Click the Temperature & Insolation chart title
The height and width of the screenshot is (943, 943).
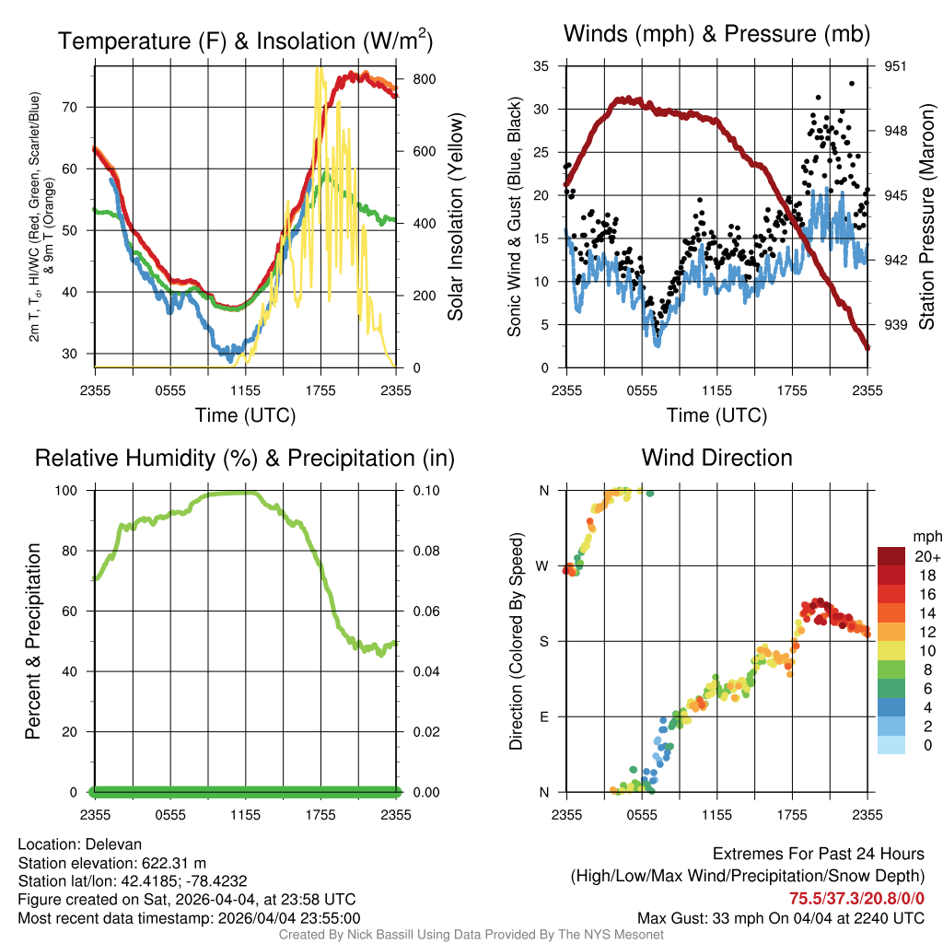click(x=245, y=41)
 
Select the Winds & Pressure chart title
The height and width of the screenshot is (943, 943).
click(x=716, y=34)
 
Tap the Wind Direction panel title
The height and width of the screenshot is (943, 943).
click(x=716, y=458)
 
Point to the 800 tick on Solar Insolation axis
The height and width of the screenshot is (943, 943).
click(x=424, y=79)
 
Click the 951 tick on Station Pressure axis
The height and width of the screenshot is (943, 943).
click(x=895, y=66)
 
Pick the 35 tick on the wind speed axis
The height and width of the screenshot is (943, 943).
click(x=541, y=66)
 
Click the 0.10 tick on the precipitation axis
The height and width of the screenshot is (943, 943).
click(x=425, y=491)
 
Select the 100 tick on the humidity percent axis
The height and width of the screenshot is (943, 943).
click(x=66, y=491)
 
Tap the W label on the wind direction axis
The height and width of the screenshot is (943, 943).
click(x=542, y=566)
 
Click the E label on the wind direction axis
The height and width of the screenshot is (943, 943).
click(x=543, y=716)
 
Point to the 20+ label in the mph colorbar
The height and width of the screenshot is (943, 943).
click(x=927, y=557)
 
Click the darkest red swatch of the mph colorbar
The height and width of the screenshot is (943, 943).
click(x=891, y=556)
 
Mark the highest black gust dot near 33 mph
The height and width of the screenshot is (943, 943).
click(x=852, y=84)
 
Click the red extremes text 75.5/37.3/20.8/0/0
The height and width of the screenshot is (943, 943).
click(x=856, y=899)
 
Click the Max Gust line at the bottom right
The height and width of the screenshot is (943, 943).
click(x=781, y=918)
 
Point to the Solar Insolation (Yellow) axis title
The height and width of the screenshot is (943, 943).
click(x=456, y=216)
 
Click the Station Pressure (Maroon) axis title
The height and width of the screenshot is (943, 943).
click(x=926, y=216)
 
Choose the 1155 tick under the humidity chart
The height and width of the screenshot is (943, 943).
click(x=245, y=815)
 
